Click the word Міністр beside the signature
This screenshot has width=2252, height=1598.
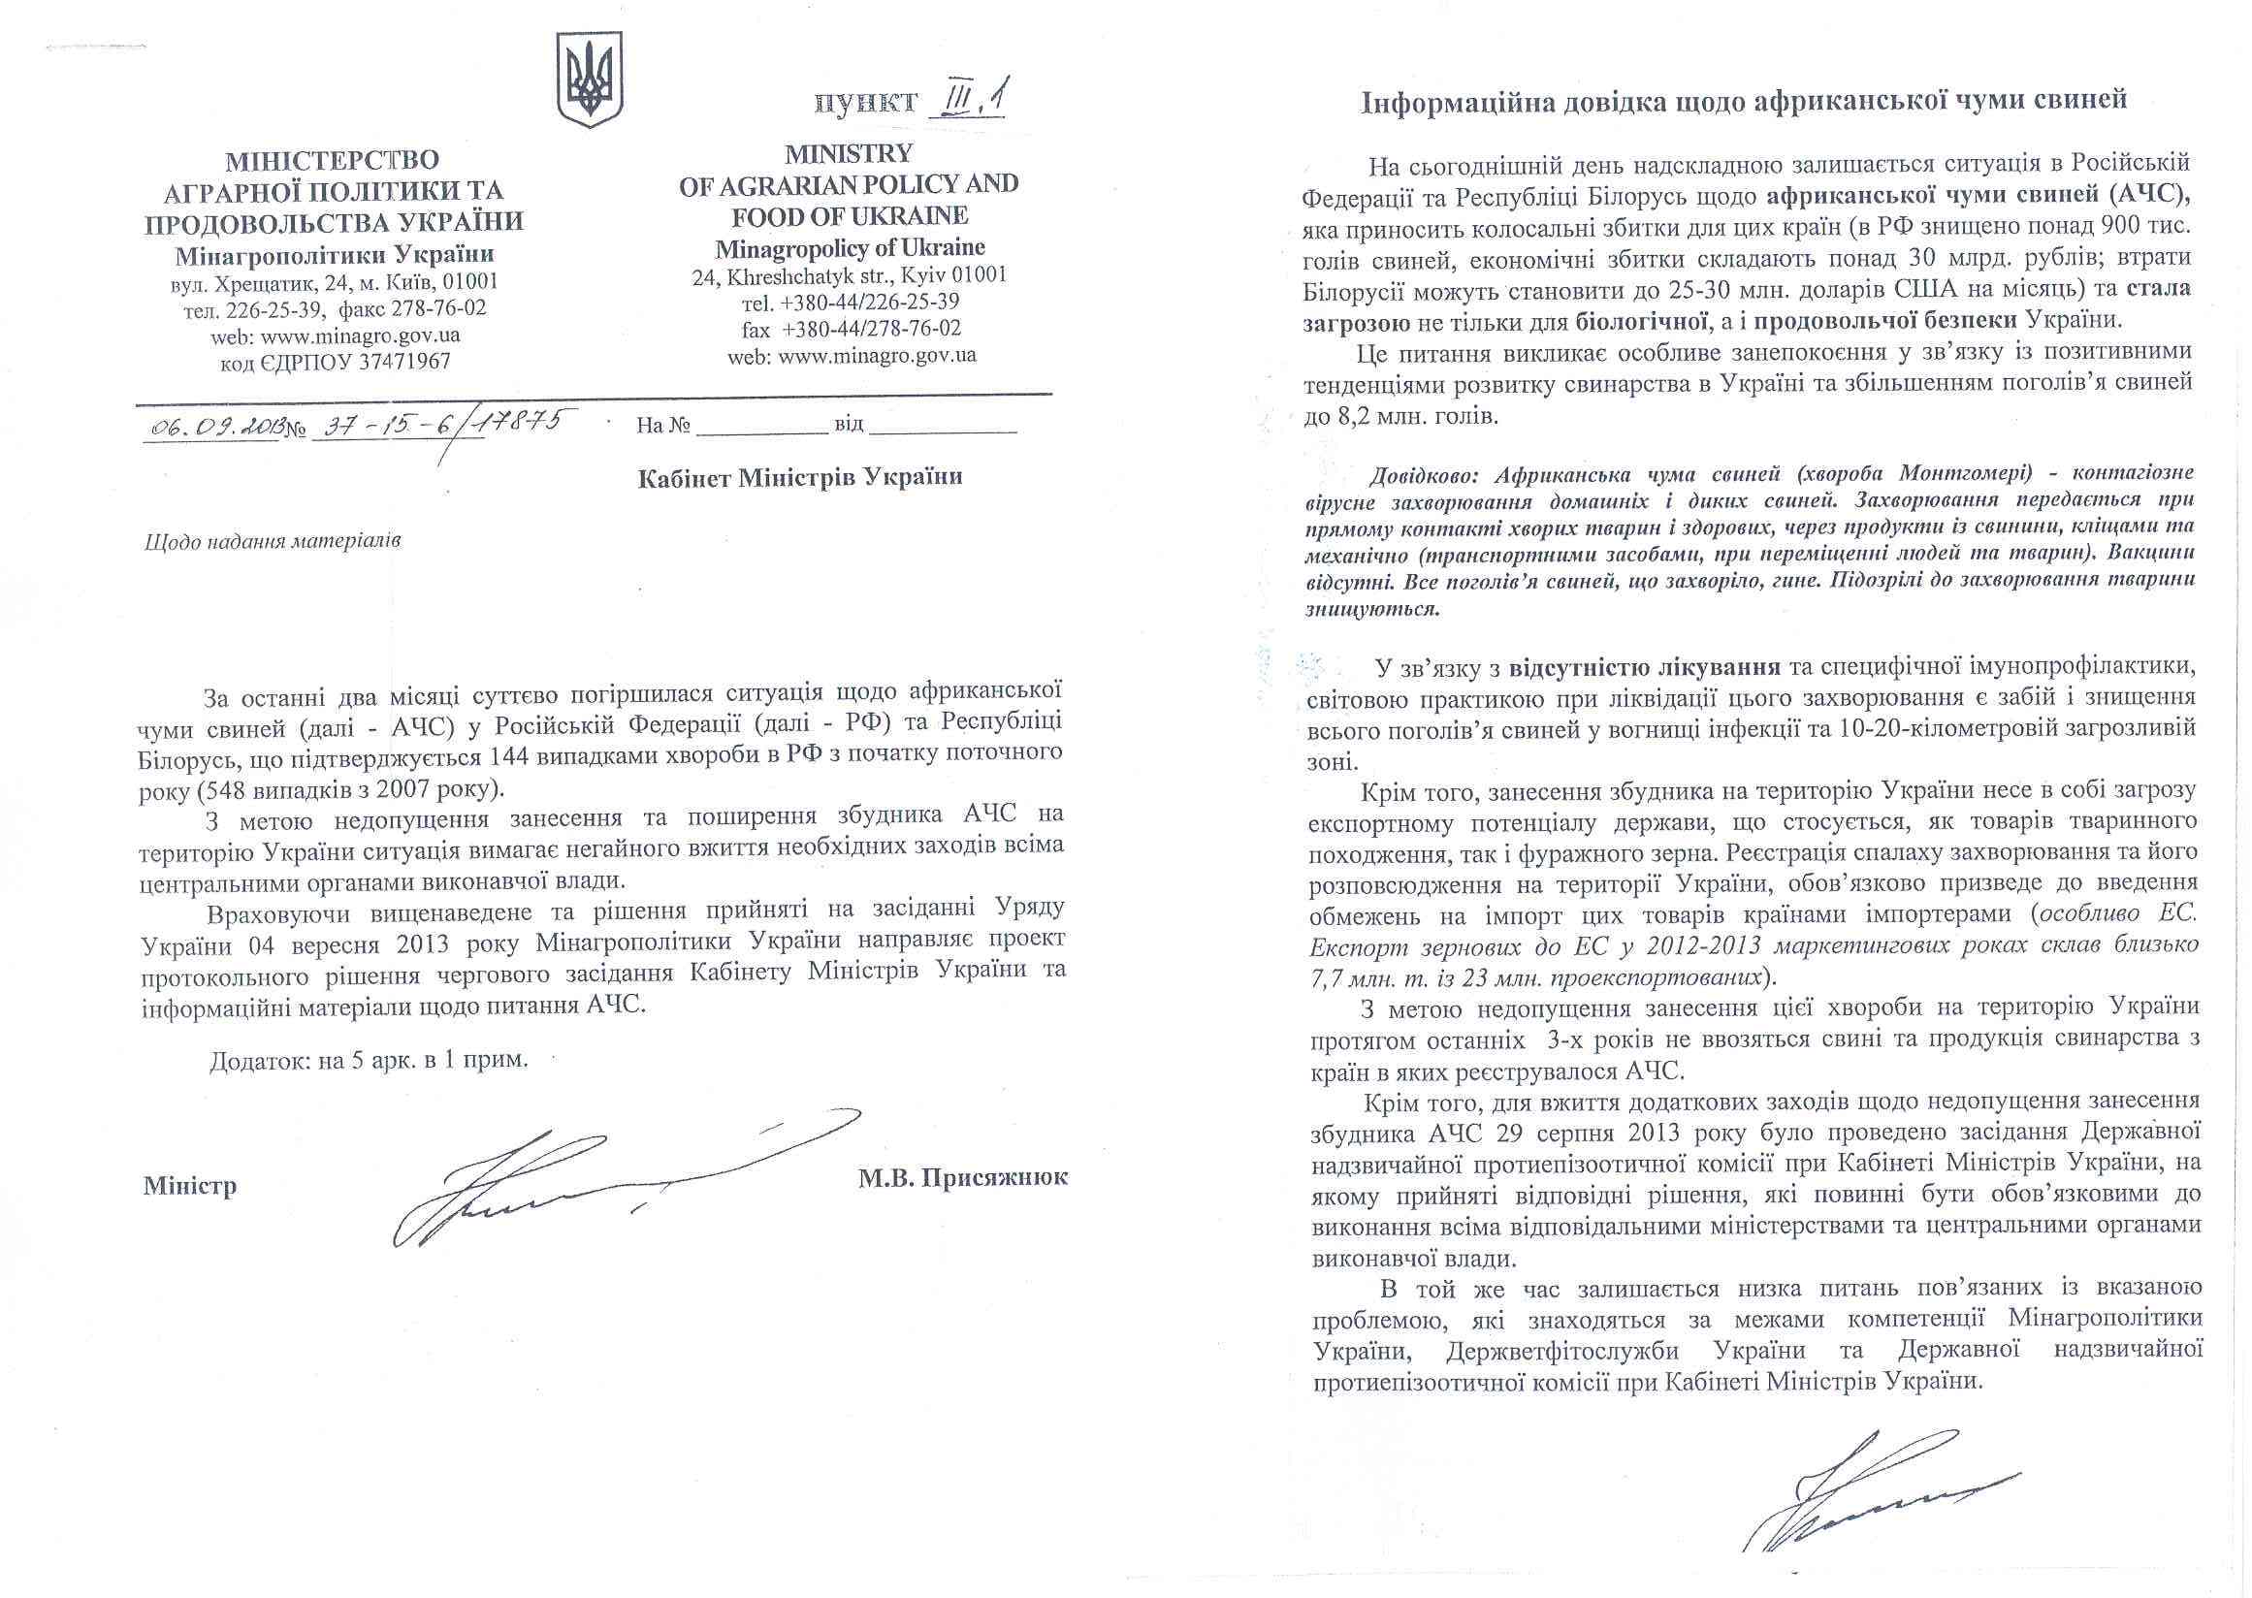click(190, 1186)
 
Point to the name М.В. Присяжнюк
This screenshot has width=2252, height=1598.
click(963, 1177)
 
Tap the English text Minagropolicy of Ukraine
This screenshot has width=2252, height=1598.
click(850, 247)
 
